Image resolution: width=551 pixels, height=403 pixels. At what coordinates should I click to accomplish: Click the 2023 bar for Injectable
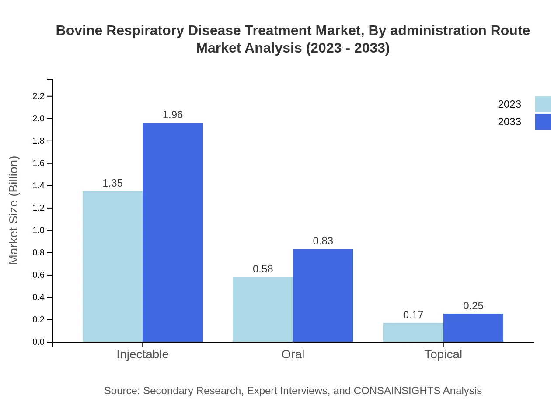[x=112, y=266]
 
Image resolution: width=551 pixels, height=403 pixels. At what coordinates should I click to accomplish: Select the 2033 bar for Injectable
[x=173, y=232]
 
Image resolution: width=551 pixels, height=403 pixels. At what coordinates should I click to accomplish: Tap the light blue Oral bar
[x=262, y=309]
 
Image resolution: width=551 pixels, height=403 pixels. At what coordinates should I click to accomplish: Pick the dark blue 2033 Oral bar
[x=323, y=295]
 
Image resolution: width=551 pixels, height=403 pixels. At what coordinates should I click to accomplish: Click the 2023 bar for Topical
[x=413, y=332]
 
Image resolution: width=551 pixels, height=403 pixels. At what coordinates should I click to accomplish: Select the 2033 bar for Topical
[x=473, y=328]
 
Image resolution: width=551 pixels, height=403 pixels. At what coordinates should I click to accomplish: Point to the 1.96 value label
[x=173, y=115]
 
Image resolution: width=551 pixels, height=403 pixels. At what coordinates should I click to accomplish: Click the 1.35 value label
[x=112, y=183]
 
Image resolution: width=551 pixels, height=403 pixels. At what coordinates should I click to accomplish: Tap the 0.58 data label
[x=263, y=269]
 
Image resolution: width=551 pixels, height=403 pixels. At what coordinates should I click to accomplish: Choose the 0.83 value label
[x=323, y=241]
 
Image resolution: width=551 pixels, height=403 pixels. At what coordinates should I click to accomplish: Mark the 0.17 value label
[x=413, y=315]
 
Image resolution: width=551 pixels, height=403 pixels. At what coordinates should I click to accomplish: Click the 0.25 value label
[x=473, y=306]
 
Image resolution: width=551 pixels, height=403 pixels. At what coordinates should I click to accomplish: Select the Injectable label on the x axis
[x=143, y=354]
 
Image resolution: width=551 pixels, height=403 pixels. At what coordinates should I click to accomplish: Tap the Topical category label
[x=443, y=354]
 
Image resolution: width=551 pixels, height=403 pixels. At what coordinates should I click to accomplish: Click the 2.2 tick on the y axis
[x=39, y=96]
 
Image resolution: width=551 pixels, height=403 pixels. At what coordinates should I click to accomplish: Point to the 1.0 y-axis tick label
[x=39, y=230]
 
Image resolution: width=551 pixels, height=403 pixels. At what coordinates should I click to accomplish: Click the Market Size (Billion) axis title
[x=14, y=210]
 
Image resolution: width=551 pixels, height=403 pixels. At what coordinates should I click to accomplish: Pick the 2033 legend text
[x=509, y=122]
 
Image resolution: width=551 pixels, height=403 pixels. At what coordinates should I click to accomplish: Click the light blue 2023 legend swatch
[x=543, y=104]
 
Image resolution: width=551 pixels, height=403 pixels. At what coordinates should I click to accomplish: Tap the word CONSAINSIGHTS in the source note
[x=397, y=391]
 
